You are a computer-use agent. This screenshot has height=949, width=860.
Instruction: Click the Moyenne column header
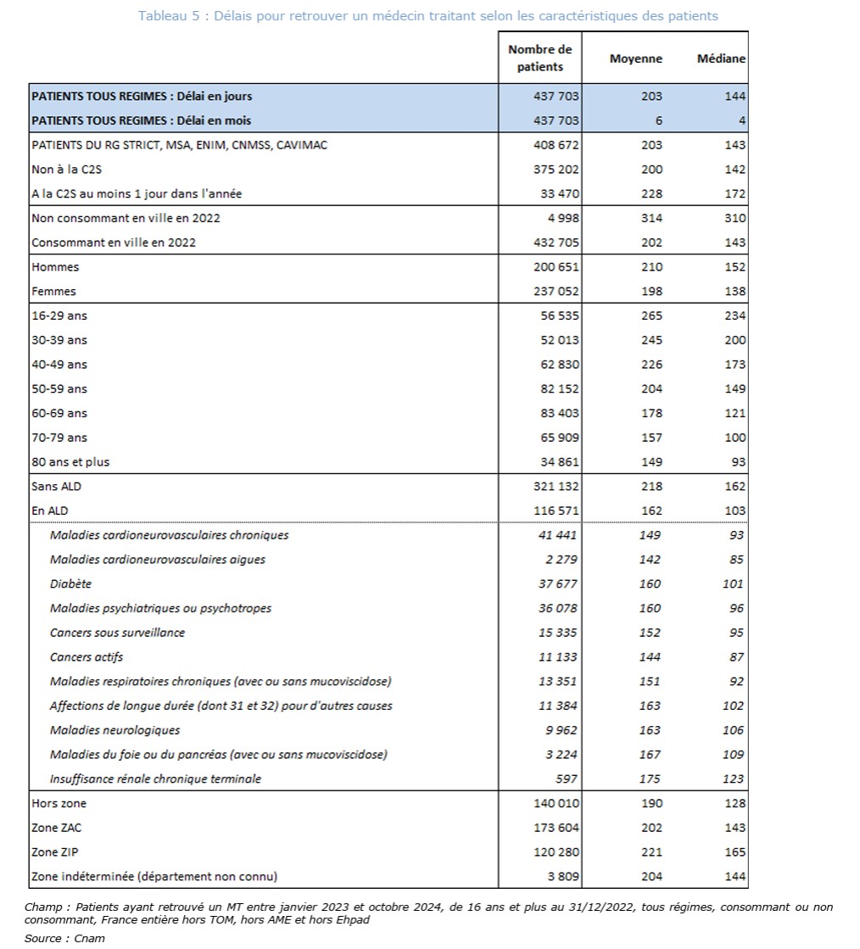[x=636, y=59]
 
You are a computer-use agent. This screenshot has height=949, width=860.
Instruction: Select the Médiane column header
[x=721, y=59]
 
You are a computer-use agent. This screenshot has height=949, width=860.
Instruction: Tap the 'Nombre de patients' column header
[x=540, y=58]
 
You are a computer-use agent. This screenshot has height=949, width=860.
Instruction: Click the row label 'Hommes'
[x=55, y=267]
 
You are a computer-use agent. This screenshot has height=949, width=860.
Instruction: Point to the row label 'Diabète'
[x=70, y=583]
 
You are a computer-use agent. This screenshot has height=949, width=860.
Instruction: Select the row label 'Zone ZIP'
[x=56, y=851]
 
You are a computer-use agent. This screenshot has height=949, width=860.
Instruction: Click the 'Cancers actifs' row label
[x=87, y=656]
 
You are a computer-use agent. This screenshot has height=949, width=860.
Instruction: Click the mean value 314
[x=651, y=218]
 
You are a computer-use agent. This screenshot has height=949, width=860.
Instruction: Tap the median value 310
[x=734, y=218]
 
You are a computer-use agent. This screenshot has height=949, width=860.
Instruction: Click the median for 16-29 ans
[x=734, y=315]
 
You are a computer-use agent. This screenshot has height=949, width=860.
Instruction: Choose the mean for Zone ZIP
[x=651, y=851]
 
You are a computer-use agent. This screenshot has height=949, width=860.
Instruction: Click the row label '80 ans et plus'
[x=70, y=462]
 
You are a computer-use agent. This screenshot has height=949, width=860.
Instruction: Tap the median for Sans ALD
[x=734, y=486]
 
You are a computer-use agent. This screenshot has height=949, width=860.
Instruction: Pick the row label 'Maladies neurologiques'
[x=114, y=729]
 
